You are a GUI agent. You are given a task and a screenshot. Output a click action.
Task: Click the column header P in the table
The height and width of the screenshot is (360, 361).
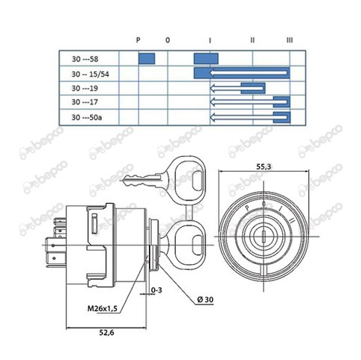click(x=138, y=39)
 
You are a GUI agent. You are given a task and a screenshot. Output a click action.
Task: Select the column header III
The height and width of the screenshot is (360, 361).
click(x=290, y=40)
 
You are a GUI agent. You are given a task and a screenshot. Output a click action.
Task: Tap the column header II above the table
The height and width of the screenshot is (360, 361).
click(x=252, y=40)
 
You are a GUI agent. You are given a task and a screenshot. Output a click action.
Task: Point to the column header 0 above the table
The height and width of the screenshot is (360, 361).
click(x=167, y=40)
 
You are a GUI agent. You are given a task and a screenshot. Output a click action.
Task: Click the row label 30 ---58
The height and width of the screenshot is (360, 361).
click(x=85, y=59)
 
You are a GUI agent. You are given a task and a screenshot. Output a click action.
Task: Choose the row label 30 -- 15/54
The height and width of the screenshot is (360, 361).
click(x=90, y=74)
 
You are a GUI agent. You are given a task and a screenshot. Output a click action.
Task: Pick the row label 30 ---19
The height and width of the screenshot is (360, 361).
click(x=85, y=89)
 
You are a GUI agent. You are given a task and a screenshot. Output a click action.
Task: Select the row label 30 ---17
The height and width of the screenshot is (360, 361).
click(x=85, y=102)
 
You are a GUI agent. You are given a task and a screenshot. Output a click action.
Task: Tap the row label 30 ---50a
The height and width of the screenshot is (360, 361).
click(x=87, y=118)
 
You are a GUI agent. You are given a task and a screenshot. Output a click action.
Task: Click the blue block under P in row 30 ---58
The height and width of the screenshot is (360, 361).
click(x=147, y=59)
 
